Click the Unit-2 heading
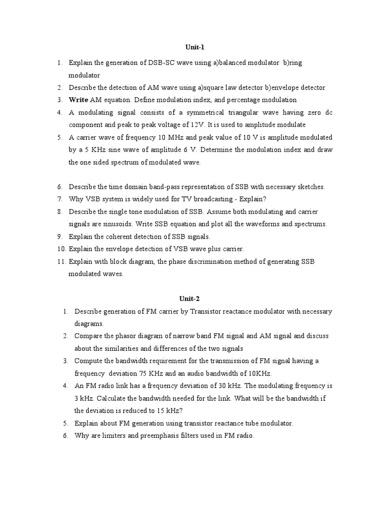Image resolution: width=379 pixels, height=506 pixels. pyautogui.click(x=189, y=298)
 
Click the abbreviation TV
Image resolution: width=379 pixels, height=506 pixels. pyautogui.click(x=165, y=199)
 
